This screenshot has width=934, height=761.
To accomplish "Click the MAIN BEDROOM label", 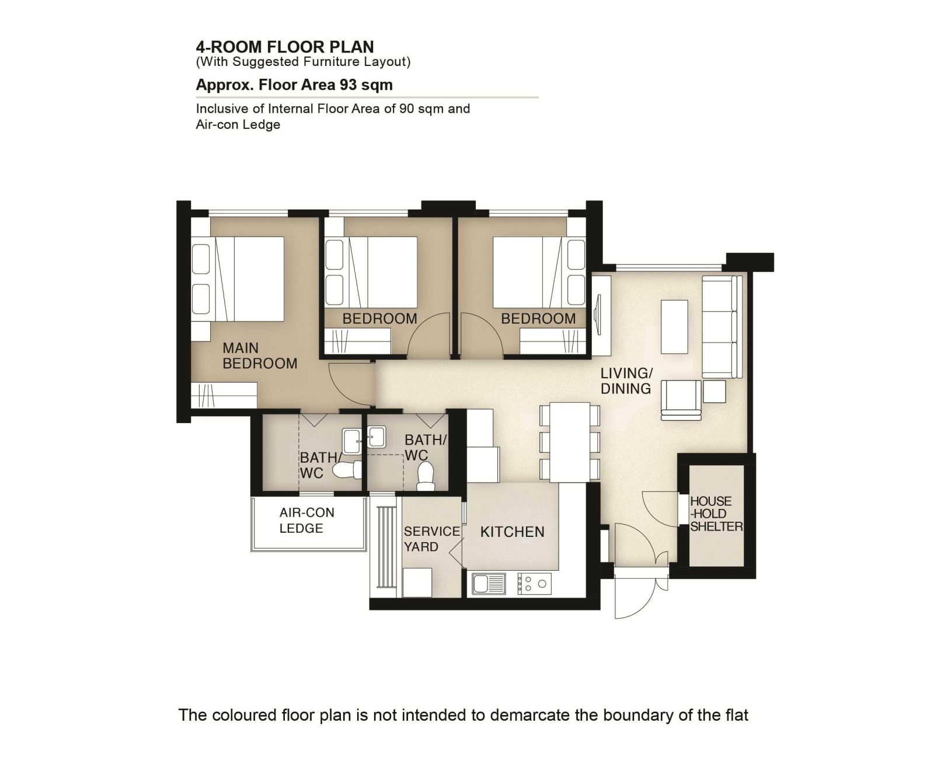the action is [x=260, y=355].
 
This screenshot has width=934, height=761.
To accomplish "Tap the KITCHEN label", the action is [x=512, y=532].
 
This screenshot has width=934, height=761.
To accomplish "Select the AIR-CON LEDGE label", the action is [x=307, y=521].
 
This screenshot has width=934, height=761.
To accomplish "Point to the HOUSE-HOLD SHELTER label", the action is [x=716, y=514].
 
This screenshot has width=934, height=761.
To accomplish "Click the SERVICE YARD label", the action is [x=432, y=539].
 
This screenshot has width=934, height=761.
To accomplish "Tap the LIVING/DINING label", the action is [x=626, y=381].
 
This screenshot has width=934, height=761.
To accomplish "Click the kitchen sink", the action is [x=489, y=584].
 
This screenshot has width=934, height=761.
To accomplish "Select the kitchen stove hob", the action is [x=535, y=584].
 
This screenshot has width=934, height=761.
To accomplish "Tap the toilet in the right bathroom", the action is [x=425, y=477].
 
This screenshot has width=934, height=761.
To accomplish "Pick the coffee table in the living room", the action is [x=674, y=327].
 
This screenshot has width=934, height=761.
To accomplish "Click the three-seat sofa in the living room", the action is [x=722, y=327].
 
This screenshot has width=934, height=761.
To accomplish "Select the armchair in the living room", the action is [x=681, y=400].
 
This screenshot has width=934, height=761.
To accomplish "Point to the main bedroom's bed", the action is [x=238, y=279].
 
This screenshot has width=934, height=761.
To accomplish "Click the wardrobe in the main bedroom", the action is [x=224, y=396].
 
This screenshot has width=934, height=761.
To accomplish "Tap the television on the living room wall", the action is [x=597, y=315].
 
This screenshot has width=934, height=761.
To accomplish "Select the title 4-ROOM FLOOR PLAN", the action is [x=285, y=47].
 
